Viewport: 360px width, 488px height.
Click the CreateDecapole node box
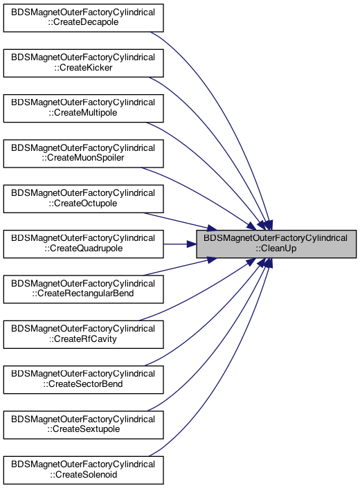(x=83, y=18)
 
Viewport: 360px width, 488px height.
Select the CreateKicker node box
(x=83, y=63)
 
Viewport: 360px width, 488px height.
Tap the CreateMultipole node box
(x=83, y=108)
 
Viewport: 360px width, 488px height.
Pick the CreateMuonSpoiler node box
(x=83, y=154)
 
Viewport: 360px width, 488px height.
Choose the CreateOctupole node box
(x=83, y=199)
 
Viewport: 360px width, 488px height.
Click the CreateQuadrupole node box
(x=83, y=244)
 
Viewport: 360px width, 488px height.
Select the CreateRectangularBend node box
(x=83, y=289)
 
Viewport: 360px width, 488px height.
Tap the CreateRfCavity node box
(x=83, y=334)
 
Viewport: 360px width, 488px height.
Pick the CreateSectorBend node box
(x=83, y=380)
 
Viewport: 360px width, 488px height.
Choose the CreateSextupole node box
(x=83, y=425)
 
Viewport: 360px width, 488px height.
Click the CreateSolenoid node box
(x=83, y=470)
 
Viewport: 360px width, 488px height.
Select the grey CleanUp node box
(x=276, y=244)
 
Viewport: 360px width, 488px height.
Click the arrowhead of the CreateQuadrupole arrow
(x=191, y=244)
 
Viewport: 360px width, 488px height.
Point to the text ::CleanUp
(x=276, y=248)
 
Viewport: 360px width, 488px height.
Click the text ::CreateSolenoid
(x=83, y=475)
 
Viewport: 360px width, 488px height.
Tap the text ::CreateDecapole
(x=83, y=22)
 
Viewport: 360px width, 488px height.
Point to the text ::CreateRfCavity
(x=83, y=339)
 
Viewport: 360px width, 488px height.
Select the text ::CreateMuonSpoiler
(x=83, y=158)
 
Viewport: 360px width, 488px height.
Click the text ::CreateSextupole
(x=83, y=429)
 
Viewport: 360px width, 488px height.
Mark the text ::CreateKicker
(x=83, y=68)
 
